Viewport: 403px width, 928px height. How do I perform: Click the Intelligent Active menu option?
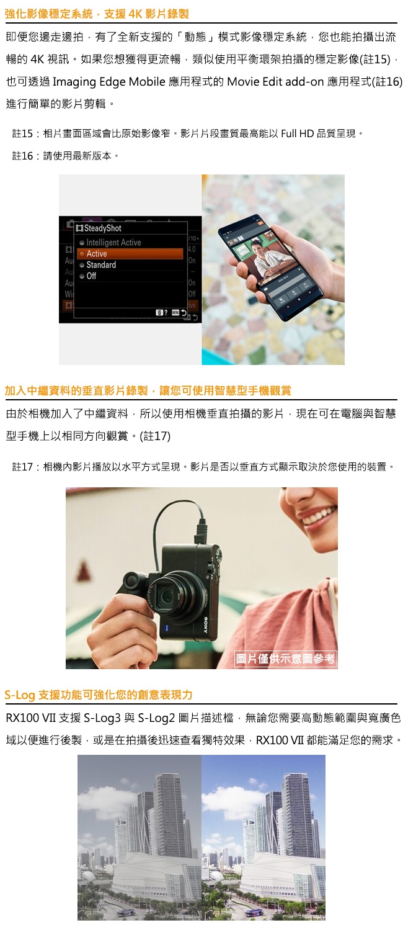click(113, 242)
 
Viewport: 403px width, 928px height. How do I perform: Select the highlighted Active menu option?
click(97, 253)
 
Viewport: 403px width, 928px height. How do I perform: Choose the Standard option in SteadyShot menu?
click(101, 264)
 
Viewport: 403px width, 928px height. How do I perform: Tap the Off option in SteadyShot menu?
click(91, 276)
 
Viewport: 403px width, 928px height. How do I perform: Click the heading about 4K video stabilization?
click(97, 13)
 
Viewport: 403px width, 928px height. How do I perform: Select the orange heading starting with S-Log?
click(99, 694)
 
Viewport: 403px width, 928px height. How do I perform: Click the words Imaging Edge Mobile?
click(109, 81)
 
